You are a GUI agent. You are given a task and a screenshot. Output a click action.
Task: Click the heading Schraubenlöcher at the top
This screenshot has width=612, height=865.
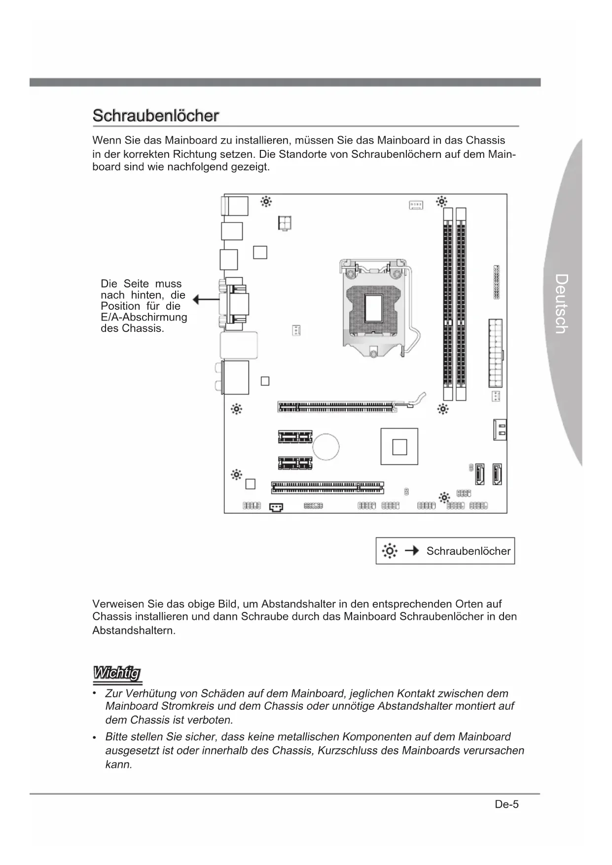click(x=155, y=116)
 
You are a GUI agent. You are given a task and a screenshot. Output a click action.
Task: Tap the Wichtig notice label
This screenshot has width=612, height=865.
click(x=117, y=673)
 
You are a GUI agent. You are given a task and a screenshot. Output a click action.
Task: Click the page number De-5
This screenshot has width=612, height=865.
click(x=507, y=804)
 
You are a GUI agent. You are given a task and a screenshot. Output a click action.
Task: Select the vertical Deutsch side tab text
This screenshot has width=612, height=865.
click(x=561, y=304)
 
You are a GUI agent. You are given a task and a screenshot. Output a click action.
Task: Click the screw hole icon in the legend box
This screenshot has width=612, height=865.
click(x=390, y=551)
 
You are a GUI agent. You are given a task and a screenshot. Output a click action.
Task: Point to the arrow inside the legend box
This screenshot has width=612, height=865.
click(x=412, y=550)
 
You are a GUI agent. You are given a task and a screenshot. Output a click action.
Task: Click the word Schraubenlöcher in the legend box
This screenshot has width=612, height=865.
click(x=468, y=551)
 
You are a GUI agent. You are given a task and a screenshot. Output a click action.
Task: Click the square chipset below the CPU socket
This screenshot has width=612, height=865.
click(x=399, y=447)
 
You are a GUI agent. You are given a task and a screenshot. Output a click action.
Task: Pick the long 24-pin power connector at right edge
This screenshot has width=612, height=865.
click(x=496, y=353)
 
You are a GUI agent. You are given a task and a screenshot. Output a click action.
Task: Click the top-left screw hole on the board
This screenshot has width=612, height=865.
click(x=266, y=202)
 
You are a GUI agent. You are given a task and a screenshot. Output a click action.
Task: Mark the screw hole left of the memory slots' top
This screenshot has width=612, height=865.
click(x=441, y=202)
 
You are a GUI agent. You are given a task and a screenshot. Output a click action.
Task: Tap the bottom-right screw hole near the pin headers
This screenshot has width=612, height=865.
click(x=444, y=497)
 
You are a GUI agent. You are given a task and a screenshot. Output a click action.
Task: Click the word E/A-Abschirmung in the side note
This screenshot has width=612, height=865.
click(x=144, y=317)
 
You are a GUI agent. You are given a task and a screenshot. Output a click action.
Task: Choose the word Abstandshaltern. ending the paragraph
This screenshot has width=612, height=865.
click(x=134, y=630)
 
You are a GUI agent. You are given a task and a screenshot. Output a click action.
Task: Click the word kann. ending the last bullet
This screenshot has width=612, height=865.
click(x=119, y=765)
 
